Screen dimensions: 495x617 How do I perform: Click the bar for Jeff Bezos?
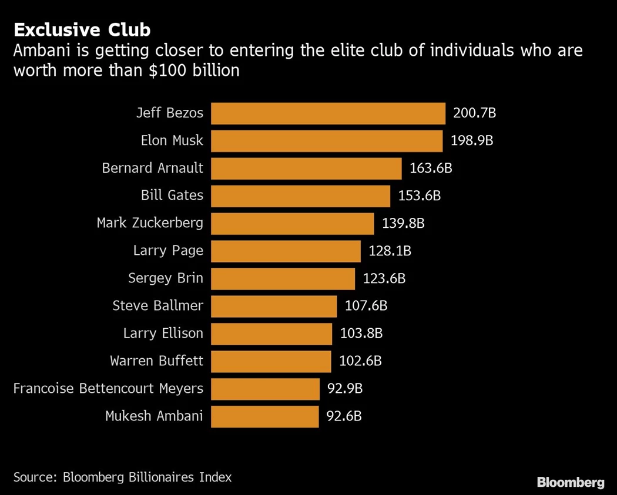pos(328,113)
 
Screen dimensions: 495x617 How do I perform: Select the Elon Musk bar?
pos(327,141)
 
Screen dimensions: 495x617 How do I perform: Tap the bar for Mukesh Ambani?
pos(264,416)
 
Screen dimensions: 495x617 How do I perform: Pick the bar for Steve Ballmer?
pos(274,306)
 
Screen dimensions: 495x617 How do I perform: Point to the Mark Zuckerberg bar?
pos(292,223)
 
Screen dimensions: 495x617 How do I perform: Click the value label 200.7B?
pos(475,113)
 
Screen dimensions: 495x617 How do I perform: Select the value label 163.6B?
pos(431,168)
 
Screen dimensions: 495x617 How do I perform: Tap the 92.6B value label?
pos(344,416)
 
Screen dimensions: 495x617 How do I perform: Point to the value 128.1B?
pos(390,251)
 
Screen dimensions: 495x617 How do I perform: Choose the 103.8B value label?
pos(361,334)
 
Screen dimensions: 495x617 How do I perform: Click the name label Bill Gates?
pos(172,196)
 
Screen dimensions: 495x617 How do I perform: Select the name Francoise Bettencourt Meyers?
pos(108,389)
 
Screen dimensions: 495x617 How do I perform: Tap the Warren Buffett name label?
pos(156,361)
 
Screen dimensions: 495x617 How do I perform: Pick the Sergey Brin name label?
pos(166,278)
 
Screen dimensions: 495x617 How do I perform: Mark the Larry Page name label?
pos(168,251)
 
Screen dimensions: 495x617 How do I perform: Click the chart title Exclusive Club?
pos(82,29)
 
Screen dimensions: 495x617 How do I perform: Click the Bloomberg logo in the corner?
pos(570,483)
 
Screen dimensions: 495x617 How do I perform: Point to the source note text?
pos(123,477)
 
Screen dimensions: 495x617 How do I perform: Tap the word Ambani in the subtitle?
pos(39,50)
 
